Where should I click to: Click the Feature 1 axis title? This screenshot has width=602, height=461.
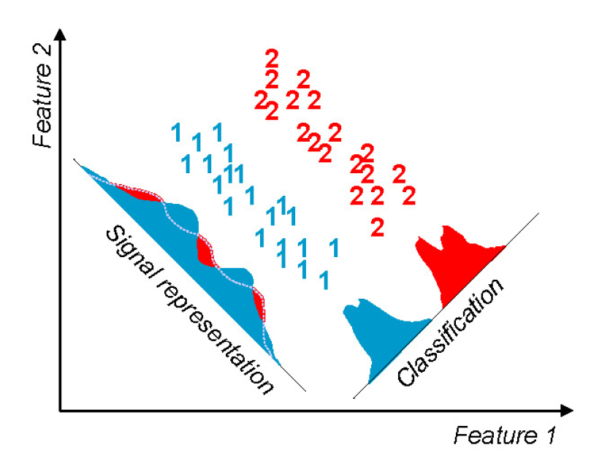pos(503,435)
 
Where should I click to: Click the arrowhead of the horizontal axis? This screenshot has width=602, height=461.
pos(568,410)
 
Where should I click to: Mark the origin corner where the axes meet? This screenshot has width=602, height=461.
pos(61,410)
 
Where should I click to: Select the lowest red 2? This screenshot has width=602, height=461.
pos(377,227)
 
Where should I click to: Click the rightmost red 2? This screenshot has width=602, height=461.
pos(408,195)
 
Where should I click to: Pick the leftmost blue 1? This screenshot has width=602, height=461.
pos(175,133)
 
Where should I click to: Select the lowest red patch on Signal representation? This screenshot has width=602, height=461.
pos(258,302)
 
